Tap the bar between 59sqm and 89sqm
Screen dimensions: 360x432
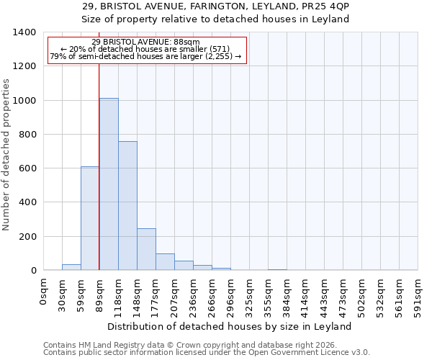coord(90,218)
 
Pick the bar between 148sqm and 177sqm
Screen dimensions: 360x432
coord(146,249)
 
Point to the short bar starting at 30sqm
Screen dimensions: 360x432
coord(71,267)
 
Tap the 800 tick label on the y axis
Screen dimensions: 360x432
coord(27,135)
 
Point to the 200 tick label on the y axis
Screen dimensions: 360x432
coord(27,237)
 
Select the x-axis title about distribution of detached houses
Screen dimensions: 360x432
coord(230,326)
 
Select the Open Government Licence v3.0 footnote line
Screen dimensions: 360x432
coord(207,353)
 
